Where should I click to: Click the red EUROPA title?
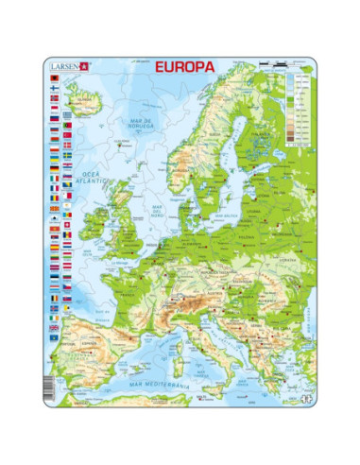[178, 68]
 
